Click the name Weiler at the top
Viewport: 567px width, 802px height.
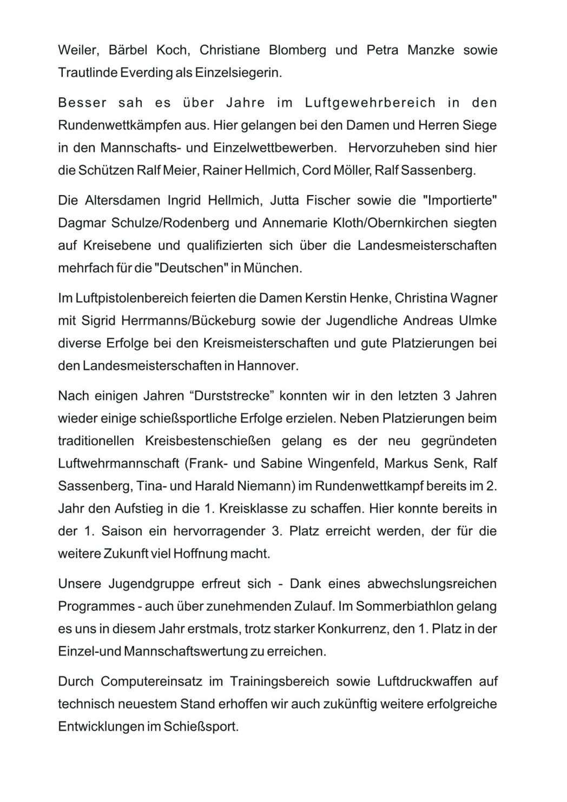(x=76, y=50)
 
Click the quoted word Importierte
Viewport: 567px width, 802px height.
(x=461, y=201)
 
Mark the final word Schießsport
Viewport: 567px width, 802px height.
(x=204, y=727)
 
